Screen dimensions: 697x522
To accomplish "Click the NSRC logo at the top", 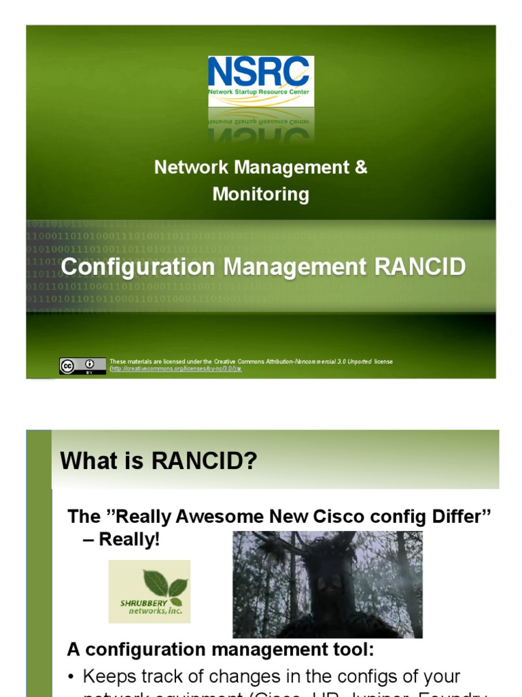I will [261, 81].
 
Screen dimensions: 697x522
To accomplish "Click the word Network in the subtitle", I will [187, 167].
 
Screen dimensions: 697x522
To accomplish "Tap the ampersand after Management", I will [360, 167].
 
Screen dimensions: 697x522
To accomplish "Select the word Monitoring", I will [261, 195].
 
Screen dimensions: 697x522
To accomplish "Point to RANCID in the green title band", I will [419, 267].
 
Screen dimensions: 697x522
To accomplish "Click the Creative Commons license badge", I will [82, 366].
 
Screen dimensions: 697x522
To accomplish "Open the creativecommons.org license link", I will [175, 369].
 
